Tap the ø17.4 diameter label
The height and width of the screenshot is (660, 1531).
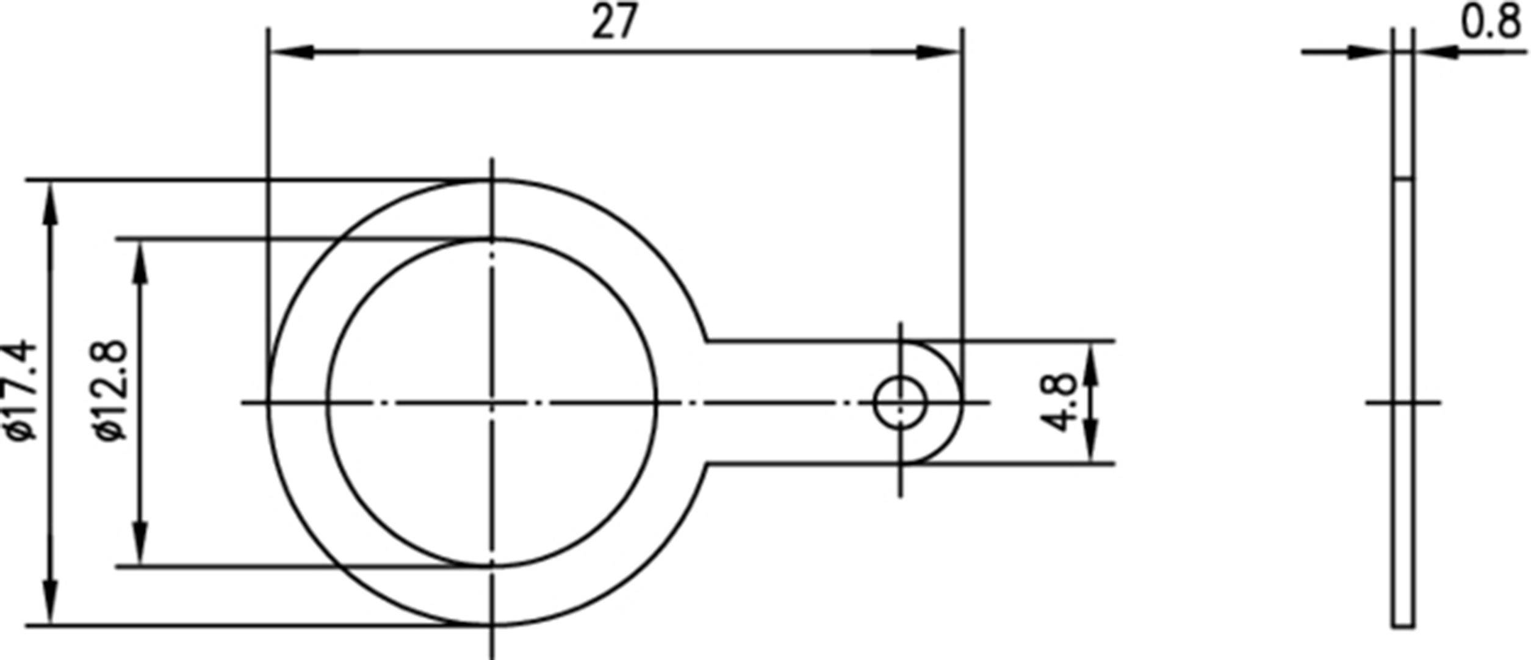click(x=22, y=390)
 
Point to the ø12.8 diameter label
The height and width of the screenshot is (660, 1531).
click(x=112, y=390)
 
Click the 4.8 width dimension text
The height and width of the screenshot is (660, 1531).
click(x=1059, y=403)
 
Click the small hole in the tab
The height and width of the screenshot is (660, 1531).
click(x=900, y=403)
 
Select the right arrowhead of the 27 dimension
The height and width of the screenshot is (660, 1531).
click(x=940, y=52)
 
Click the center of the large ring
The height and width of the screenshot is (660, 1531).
click(x=492, y=403)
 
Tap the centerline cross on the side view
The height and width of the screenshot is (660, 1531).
click(x=1403, y=403)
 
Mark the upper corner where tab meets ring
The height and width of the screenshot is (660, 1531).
click(x=707, y=340)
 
